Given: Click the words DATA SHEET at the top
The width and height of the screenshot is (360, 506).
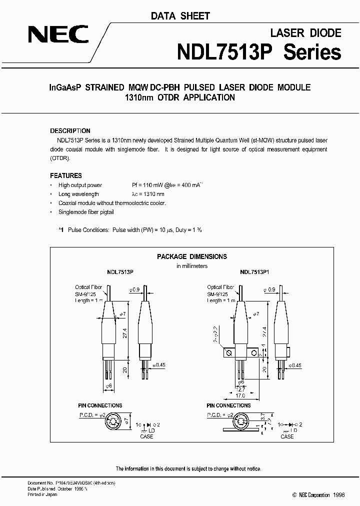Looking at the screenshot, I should click(x=180, y=16).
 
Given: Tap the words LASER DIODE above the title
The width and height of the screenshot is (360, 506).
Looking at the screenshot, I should click(x=305, y=33).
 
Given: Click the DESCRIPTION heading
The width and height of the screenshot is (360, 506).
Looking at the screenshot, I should click(x=70, y=131).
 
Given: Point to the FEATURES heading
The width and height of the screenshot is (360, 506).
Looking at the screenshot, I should click(x=66, y=175).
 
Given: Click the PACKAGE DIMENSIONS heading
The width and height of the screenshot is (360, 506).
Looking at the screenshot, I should click(x=191, y=256).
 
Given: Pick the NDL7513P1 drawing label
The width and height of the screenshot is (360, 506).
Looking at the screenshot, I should click(x=254, y=272).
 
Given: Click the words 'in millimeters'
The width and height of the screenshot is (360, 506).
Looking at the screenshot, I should click(x=191, y=266).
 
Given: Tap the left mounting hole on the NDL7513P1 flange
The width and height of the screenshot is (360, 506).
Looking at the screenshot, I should click(x=229, y=353).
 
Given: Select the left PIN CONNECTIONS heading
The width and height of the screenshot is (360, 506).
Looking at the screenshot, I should click(x=100, y=405).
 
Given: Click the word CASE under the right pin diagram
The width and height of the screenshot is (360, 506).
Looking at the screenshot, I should click(x=287, y=436).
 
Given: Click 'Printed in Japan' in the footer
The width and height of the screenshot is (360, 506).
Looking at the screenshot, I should click(x=42, y=494).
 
